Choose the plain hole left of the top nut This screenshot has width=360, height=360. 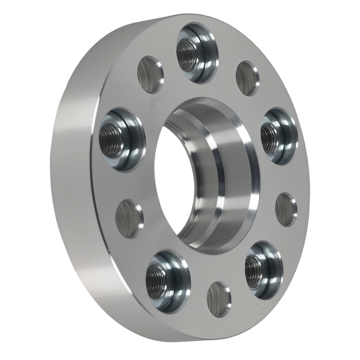150,75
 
